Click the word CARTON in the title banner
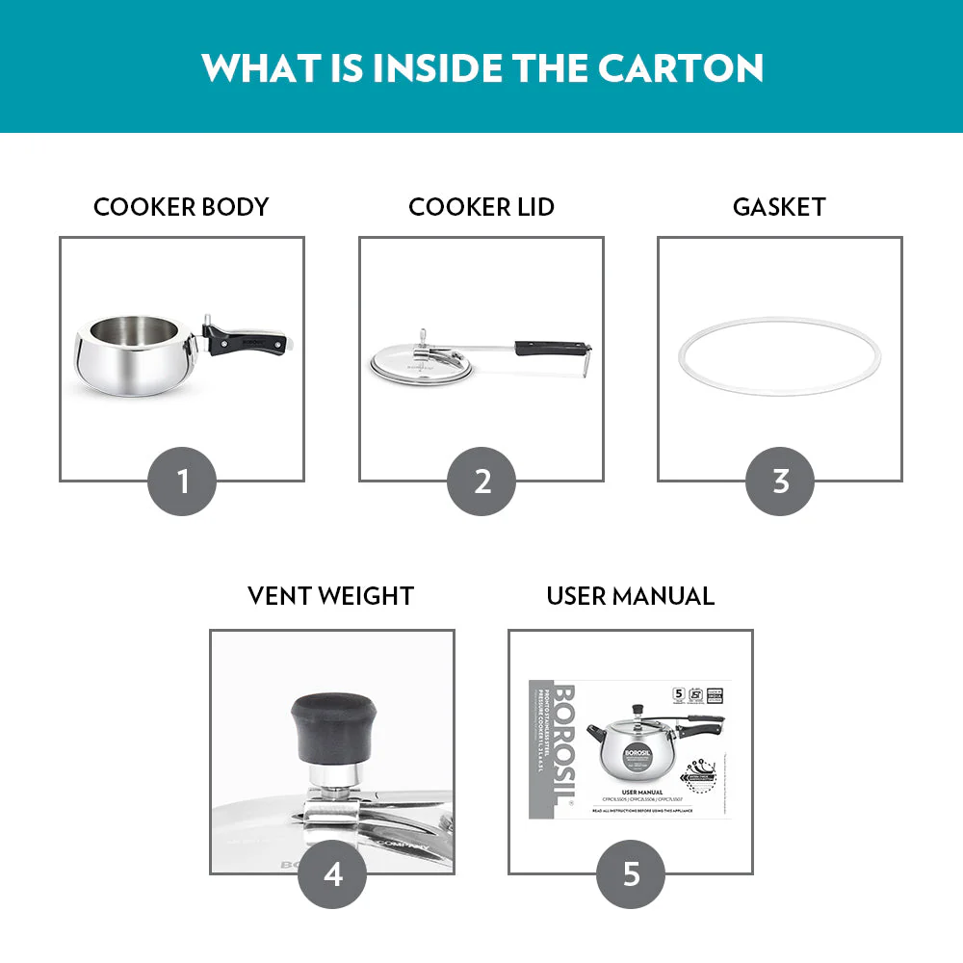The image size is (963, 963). point(681,66)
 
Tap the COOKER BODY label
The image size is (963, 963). point(181,207)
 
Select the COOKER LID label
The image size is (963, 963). point(481,207)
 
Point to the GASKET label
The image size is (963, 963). point(779,207)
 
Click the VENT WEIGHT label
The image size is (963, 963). point(330,596)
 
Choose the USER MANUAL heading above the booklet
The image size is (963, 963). point(630,596)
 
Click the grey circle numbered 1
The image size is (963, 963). point(182,481)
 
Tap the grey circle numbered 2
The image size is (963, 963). point(481,481)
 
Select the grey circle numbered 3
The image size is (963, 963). point(780,481)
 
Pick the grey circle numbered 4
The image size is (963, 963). point(332,873)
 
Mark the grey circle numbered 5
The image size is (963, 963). point(631,873)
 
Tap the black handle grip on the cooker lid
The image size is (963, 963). point(549,347)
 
